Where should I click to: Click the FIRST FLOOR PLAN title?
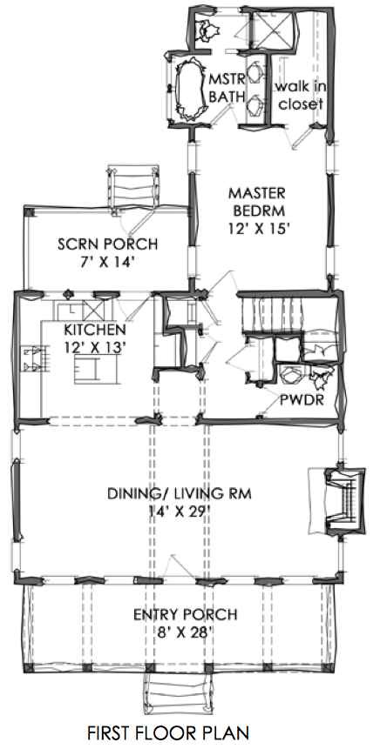[x=167, y=732]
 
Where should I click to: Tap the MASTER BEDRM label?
[x=256, y=201]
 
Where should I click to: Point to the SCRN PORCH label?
[x=108, y=244]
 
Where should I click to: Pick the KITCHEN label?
[x=95, y=329]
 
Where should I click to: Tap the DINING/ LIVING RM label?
[x=180, y=492]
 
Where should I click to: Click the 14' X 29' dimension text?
[x=180, y=512]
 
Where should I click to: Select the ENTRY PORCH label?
[x=186, y=614]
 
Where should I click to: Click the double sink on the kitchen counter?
[x=33, y=359]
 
